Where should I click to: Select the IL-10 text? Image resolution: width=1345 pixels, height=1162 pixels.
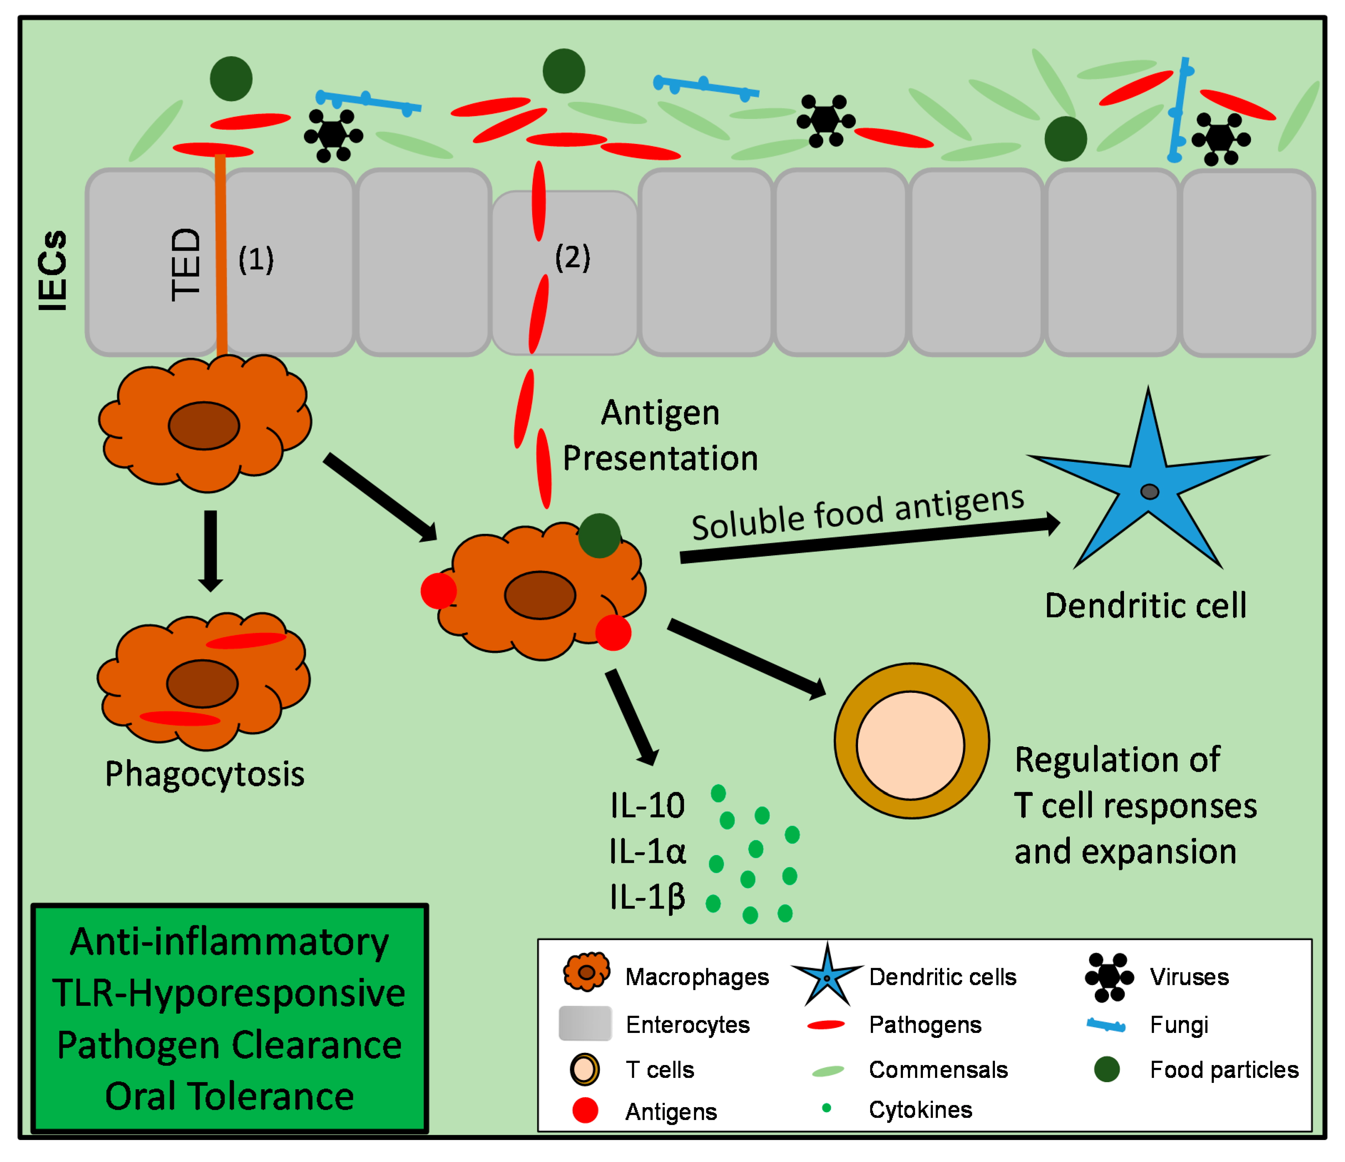click(x=647, y=805)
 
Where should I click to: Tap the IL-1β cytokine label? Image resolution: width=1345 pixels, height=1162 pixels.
click(x=647, y=897)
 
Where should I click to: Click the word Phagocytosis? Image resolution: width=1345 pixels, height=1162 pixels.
click(x=205, y=774)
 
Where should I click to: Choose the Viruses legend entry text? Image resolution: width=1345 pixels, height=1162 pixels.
click(x=1189, y=977)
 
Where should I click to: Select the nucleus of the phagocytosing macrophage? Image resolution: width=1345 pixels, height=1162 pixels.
click(x=202, y=684)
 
